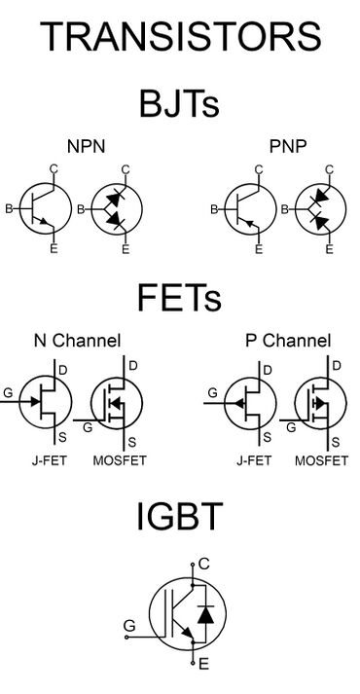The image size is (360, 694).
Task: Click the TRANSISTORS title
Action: click(180, 37)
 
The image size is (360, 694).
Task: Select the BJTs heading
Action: click(180, 102)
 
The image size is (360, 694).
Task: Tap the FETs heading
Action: click(180, 295)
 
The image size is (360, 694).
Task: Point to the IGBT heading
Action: click(180, 518)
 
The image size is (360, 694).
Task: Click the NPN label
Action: click(87, 147)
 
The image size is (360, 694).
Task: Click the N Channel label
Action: click(77, 341)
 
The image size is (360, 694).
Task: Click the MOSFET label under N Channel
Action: click(119, 459)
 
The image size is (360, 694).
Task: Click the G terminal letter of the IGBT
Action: click(128, 625)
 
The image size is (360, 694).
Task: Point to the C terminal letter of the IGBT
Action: click(203, 563)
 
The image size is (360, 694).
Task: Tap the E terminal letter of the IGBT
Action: click(203, 665)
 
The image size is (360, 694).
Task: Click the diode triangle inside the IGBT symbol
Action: click(204, 615)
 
